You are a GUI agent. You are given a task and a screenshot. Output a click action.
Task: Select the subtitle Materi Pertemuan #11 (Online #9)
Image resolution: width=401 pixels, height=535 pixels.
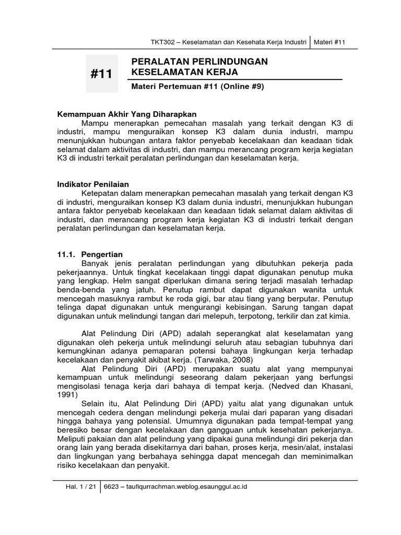pos(194,87)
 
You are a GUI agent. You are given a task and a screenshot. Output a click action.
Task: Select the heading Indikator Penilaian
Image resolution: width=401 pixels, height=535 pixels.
pos(92,184)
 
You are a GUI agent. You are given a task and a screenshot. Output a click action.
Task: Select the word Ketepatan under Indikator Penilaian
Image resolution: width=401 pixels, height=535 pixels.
pos(101,193)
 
